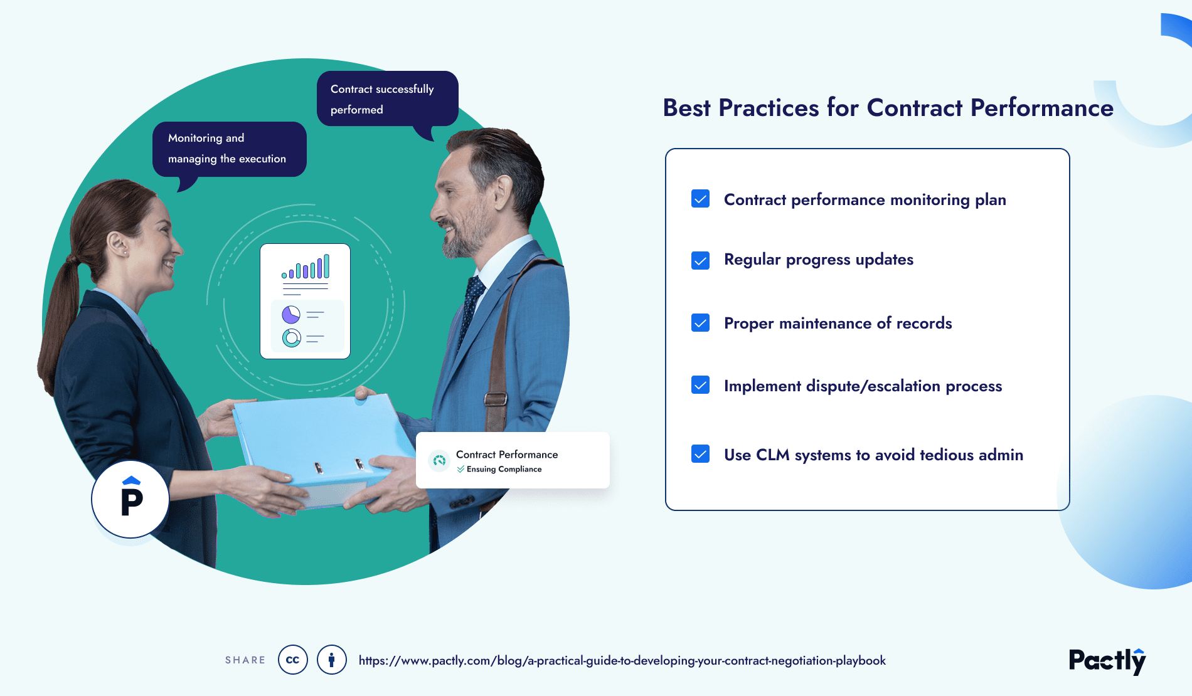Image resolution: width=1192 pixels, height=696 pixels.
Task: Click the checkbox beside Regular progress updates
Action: (700, 260)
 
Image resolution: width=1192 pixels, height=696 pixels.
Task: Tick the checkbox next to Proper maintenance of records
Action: (700, 323)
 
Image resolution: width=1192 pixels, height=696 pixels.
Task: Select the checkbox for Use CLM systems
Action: (700, 454)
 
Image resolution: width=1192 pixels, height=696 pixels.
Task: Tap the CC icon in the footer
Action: (292, 660)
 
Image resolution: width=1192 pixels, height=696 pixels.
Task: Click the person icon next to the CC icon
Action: (331, 660)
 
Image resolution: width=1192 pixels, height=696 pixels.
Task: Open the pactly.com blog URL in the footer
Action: (622, 660)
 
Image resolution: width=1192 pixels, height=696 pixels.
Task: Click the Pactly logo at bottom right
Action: (1107, 661)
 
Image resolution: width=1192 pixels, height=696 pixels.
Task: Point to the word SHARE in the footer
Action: (245, 660)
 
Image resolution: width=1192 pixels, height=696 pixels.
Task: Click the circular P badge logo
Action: (130, 500)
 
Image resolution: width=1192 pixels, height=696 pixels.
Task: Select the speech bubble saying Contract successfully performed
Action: (387, 99)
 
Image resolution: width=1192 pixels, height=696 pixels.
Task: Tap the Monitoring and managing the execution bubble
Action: (229, 149)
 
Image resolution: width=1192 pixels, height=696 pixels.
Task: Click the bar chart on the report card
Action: (306, 267)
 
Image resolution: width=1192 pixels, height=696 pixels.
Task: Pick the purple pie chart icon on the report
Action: (290, 314)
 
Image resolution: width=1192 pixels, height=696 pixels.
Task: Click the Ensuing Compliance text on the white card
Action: (503, 469)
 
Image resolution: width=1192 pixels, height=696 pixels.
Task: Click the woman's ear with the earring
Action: (117, 245)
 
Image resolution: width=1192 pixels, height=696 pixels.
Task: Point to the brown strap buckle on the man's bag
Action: (496, 399)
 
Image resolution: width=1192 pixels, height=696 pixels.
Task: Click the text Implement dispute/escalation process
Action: (863, 386)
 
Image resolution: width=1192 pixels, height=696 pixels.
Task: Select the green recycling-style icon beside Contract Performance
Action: (440, 461)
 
